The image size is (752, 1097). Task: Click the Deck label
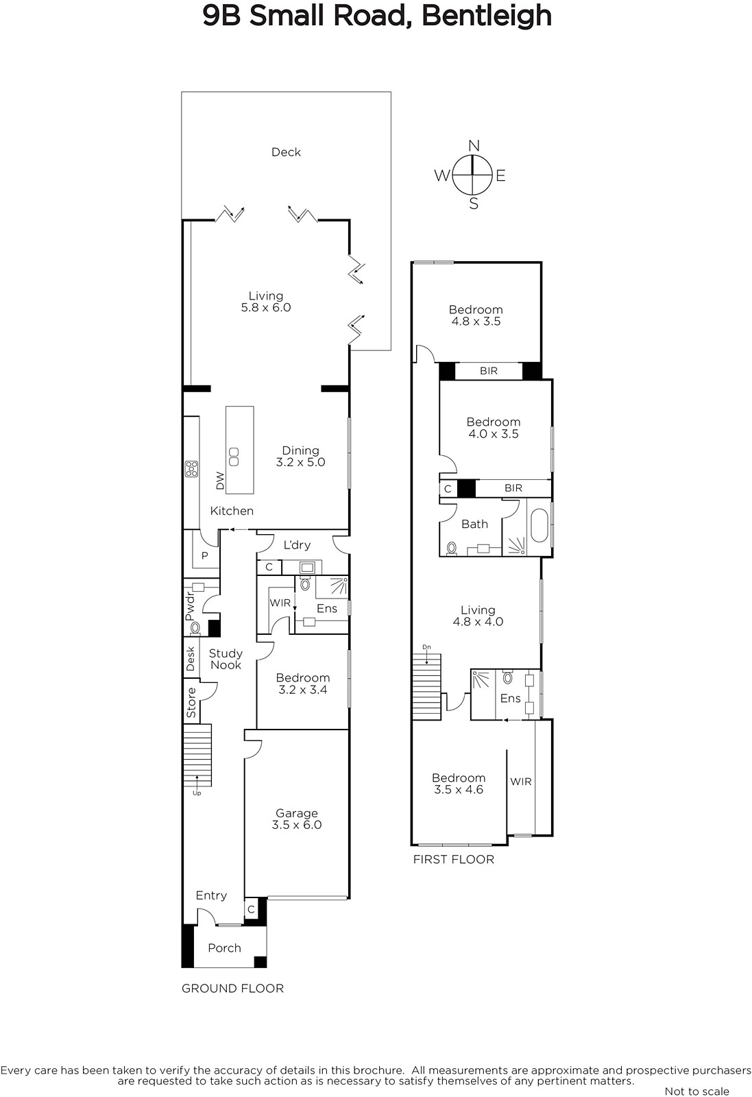[x=286, y=152]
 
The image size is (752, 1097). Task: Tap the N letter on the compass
[x=474, y=146]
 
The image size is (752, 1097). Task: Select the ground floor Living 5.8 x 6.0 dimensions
[x=266, y=308]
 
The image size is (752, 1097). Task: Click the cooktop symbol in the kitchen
[x=191, y=469]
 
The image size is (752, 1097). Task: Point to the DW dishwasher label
[x=220, y=481]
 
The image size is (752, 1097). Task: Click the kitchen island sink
[x=234, y=457]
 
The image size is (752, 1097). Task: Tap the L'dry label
[x=297, y=545]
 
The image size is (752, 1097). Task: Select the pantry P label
[x=205, y=555]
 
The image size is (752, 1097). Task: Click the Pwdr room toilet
[x=195, y=627]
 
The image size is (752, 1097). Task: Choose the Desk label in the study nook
[x=191, y=659]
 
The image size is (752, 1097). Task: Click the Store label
[x=191, y=703]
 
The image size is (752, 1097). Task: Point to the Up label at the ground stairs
[x=196, y=793]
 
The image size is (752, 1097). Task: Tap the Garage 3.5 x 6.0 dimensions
[x=297, y=825]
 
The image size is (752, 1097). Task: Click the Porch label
[x=224, y=948]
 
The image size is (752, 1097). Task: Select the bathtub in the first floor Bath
[x=539, y=525]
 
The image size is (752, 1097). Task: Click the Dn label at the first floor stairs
[x=427, y=647]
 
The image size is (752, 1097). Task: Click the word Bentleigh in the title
[x=487, y=16]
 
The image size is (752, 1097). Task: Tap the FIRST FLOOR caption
[x=453, y=859]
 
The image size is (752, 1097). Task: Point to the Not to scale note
[x=696, y=1091]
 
